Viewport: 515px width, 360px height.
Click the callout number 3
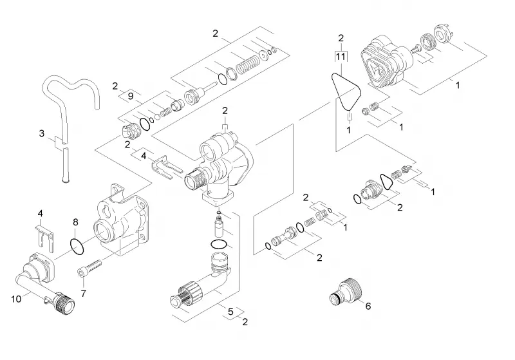[x=41, y=134]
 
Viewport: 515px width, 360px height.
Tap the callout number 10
[x=16, y=299]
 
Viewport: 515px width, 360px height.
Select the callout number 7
[x=84, y=293]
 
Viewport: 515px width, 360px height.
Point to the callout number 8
[x=75, y=222]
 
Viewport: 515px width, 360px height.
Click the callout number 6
[x=368, y=306]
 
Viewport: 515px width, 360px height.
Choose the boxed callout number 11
[x=341, y=57]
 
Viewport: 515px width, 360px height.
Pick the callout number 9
[x=131, y=96]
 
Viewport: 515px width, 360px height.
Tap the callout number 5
[x=230, y=312]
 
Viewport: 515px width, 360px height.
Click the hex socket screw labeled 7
[x=89, y=267]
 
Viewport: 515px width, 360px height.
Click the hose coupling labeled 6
[x=346, y=291]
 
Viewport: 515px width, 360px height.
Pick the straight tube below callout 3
[x=66, y=165]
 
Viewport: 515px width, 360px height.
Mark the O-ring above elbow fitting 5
[x=218, y=244]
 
